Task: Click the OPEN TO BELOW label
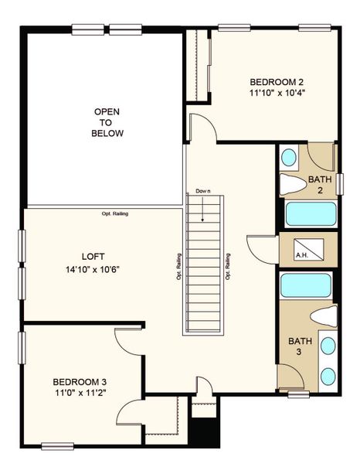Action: (x=107, y=122)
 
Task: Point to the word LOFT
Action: (x=93, y=256)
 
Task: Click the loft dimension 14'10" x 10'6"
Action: (x=93, y=269)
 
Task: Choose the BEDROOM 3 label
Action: (x=80, y=382)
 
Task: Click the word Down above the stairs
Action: (x=203, y=191)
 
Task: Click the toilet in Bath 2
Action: (x=294, y=184)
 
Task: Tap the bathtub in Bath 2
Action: (x=309, y=213)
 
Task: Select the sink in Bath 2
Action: (x=288, y=159)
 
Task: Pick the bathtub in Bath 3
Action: (x=306, y=285)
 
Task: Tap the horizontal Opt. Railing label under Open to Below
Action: (x=114, y=214)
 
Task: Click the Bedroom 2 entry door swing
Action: (x=197, y=125)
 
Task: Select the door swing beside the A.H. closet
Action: (x=259, y=248)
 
